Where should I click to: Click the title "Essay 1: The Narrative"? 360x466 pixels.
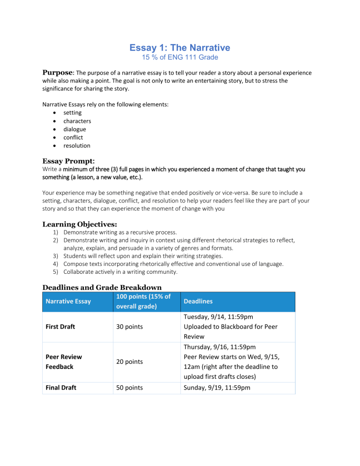pyautogui.click(x=180, y=47)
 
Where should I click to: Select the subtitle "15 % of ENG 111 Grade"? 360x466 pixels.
pyautogui.click(x=180, y=57)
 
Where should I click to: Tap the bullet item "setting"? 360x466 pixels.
pyautogui.click(x=73, y=113)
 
